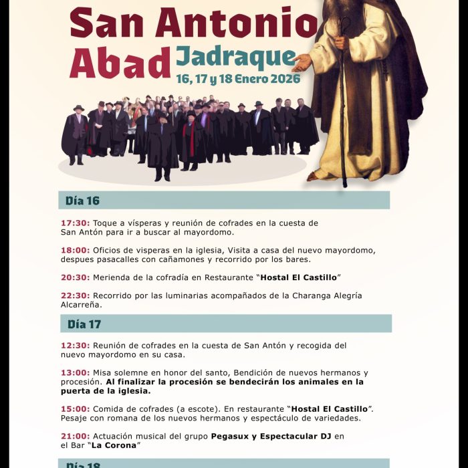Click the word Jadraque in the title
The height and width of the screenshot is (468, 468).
coord(235,58)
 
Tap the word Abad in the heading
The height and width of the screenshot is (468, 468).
coord(120,63)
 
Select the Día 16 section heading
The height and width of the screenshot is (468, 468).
coord(82,201)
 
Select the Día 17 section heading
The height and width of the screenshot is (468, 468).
coord(84,324)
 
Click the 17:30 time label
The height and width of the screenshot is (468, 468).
coord(75,223)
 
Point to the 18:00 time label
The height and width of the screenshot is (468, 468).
coord(75,250)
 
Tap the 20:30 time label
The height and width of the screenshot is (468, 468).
coord(75,277)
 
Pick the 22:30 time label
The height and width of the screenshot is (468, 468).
coord(75,296)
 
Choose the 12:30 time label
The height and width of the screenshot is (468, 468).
coord(75,346)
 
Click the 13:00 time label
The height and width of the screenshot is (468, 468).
coord(75,372)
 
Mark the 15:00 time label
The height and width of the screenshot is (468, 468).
coord(75,408)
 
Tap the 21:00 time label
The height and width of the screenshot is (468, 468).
coord(75,436)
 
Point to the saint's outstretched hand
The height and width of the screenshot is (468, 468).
coord(302,64)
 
